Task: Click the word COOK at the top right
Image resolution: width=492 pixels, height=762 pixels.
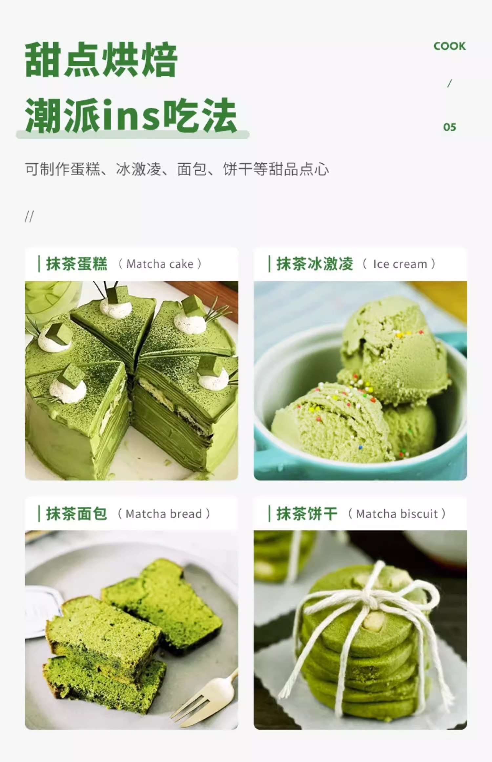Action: click(x=449, y=46)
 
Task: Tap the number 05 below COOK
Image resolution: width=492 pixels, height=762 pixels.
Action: click(x=450, y=127)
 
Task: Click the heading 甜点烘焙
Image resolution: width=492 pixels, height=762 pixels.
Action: click(x=101, y=60)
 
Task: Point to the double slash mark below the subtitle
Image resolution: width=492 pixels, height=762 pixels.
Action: click(x=29, y=217)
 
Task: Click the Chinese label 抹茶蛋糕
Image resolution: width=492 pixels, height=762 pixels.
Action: click(x=77, y=264)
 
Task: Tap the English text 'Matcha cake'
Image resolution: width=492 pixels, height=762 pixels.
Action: click(x=160, y=264)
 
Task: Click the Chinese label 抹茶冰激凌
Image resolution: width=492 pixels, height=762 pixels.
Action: click(x=315, y=264)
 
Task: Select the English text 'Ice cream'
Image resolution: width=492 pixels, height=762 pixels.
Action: click(x=400, y=264)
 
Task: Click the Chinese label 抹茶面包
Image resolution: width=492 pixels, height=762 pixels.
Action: click(x=77, y=514)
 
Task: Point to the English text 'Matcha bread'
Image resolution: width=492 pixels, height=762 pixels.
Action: click(x=164, y=514)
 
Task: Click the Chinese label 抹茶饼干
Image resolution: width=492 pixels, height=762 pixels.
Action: click(x=307, y=514)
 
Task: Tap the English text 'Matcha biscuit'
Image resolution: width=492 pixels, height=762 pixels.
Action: click(x=397, y=514)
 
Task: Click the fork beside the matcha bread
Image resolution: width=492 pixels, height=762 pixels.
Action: click(x=203, y=698)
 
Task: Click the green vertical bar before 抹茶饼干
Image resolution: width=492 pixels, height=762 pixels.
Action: click(x=269, y=514)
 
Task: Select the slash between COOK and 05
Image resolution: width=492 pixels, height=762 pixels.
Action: click(x=450, y=83)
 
